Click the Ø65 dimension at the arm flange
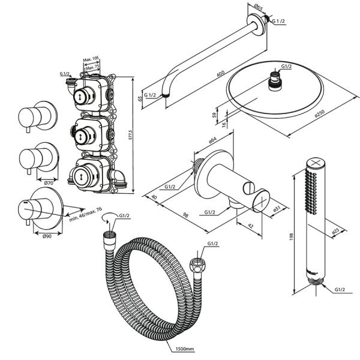click(257, 7)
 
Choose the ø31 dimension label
click(277, 208)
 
